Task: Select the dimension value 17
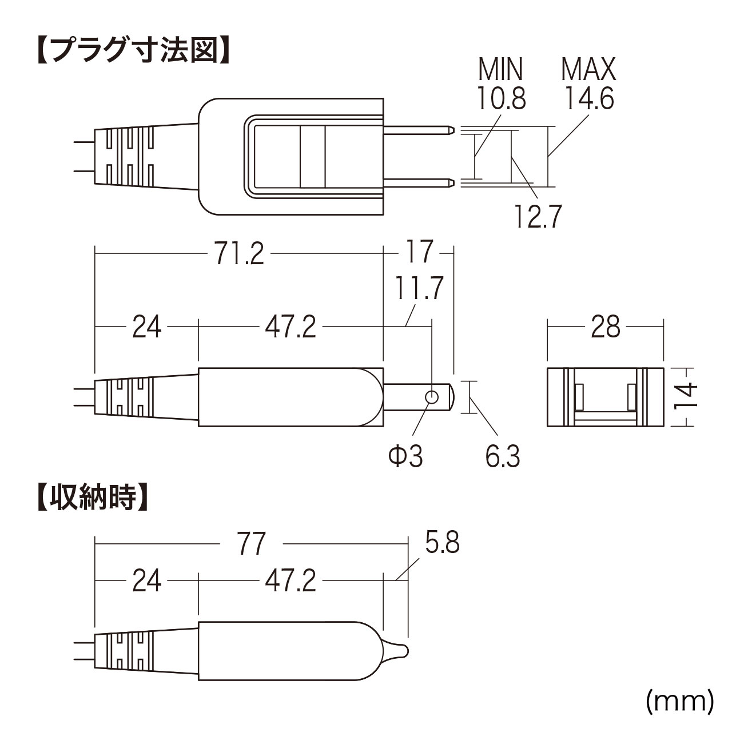pos(419,252)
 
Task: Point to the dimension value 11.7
pos(419,288)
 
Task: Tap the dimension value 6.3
pos(503,457)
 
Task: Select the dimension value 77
pos(251,544)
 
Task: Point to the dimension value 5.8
pos(441,543)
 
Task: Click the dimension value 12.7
pos(537,217)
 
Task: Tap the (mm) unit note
pos(680,701)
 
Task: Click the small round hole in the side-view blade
pos(432,397)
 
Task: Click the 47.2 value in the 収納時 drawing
pos(291,582)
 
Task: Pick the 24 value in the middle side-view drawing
pos(147,328)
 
